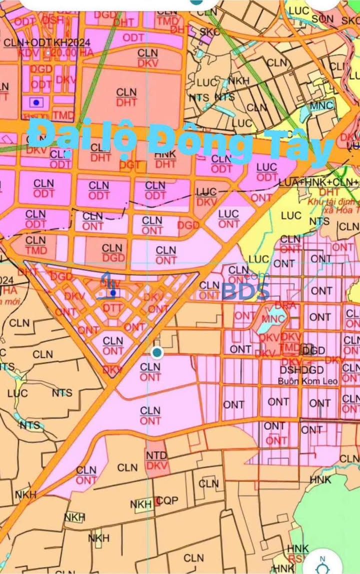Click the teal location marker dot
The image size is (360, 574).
point(157,353)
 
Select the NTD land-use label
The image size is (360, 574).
point(156,455)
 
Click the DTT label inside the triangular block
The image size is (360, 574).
point(113,309)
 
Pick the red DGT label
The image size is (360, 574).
point(130,165)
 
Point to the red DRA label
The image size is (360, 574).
point(285,305)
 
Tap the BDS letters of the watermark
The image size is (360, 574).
point(246,291)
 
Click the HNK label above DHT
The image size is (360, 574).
point(165,154)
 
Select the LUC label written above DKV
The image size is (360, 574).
point(206,192)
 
